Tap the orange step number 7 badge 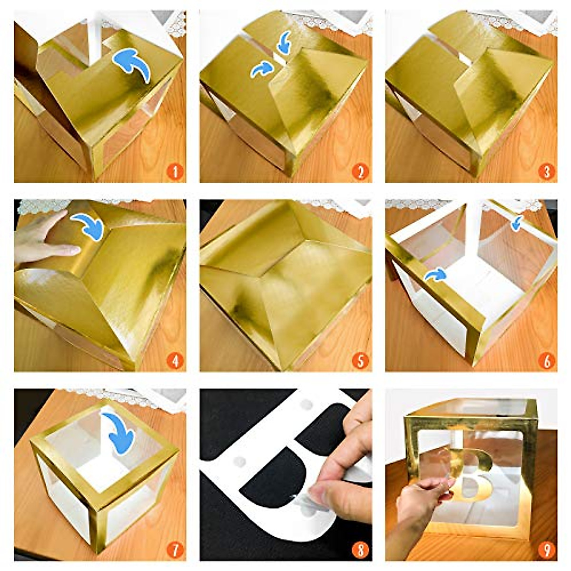[x=175, y=551]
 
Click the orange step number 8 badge [x=361, y=551]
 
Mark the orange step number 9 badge [x=546, y=551]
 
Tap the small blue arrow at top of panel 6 [x=517, y=223]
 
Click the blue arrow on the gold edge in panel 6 [x=436, y=275]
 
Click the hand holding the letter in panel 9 [x=419, y=500]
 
